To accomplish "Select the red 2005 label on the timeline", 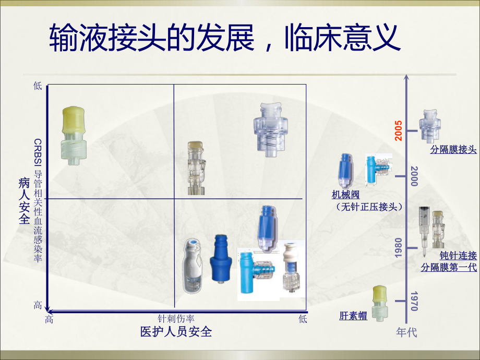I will point(399,130).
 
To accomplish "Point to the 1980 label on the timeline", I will point(399,247).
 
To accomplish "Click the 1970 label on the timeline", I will point(414,301).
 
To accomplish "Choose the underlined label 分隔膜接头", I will point(453,149).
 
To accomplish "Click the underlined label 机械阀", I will point(346,195).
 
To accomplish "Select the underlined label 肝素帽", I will point(353,316).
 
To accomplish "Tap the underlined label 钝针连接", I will point(458,256).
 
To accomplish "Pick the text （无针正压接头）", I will point(369,207).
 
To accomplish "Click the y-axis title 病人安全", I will point(24,201).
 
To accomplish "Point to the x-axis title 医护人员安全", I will point(176,331).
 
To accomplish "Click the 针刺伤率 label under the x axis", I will point(176,319).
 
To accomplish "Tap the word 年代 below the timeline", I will point(407,332).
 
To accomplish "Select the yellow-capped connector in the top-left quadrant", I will point(73,135).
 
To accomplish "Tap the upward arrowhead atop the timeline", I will point(407,79).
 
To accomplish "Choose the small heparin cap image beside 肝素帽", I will point(380,303).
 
